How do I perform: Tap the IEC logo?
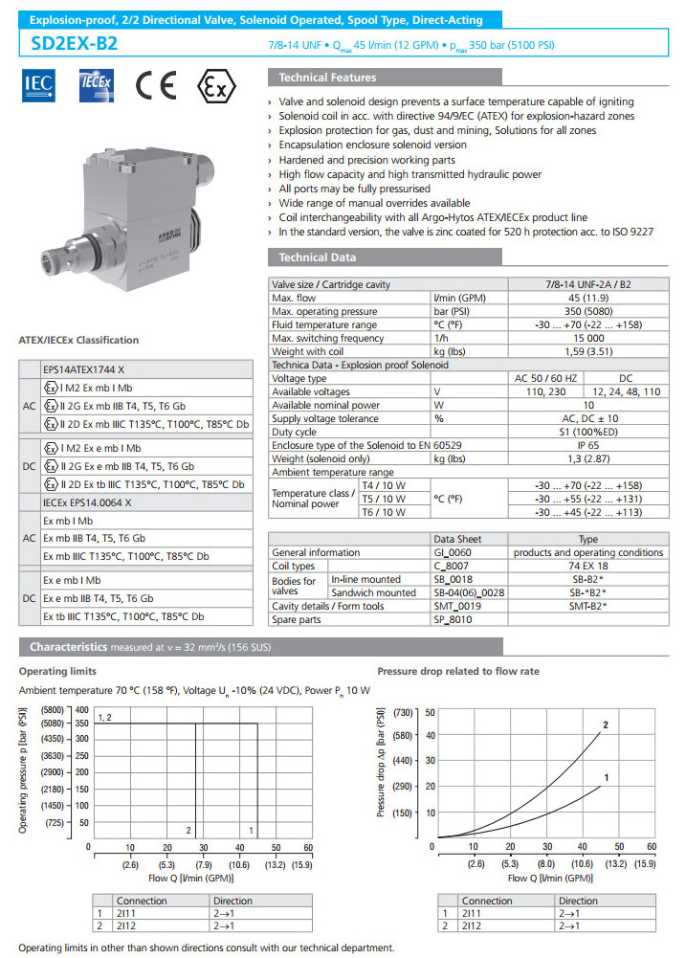[39, 87]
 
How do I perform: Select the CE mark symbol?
[155, 86]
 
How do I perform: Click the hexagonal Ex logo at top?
[218, 86]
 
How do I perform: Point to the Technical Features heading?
[327, 78]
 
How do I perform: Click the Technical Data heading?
[317, 257]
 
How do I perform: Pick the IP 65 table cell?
[587, 446]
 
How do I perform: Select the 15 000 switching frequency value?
[587, 339]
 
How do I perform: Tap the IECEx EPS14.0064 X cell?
[87, 501]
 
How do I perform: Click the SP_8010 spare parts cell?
[453, 619]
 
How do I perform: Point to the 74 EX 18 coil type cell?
[587, 566]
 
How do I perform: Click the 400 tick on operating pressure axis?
[82, 710]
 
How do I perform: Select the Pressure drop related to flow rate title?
[458, 671]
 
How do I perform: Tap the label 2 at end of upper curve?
[606, 724]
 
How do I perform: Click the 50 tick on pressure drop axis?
[430, 712]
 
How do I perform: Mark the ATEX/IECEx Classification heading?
[78, 340]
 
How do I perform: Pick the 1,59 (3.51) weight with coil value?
[587, 352]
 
